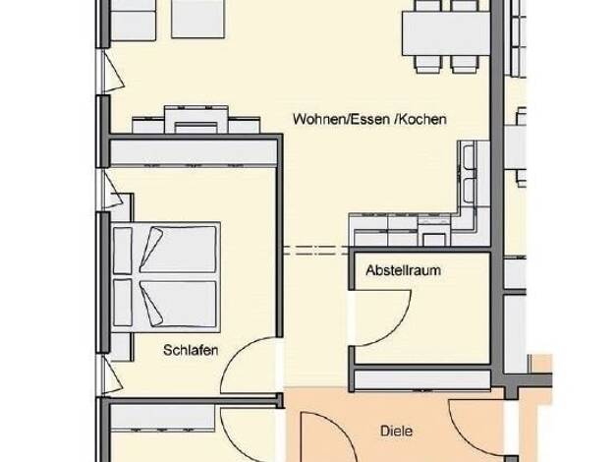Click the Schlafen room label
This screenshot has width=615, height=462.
coord(191,350)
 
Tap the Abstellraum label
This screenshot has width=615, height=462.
coord(403,270)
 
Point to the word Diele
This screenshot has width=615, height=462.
coord(397,431)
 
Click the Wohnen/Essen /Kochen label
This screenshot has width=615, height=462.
coord(369,119)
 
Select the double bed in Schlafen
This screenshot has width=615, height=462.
coord(165,277)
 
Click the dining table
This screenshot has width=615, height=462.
coord(446,33)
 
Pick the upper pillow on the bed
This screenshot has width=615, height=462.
coord(150,250)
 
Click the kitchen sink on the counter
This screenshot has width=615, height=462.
coord(469,173)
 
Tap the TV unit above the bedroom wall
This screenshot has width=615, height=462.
coord(196,120)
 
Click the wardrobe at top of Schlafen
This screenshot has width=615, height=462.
coord(194,153)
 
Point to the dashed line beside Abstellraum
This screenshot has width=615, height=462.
coord(316,251)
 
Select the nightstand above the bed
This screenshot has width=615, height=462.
coord(123,207)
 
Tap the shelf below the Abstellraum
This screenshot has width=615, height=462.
coord(422,380)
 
